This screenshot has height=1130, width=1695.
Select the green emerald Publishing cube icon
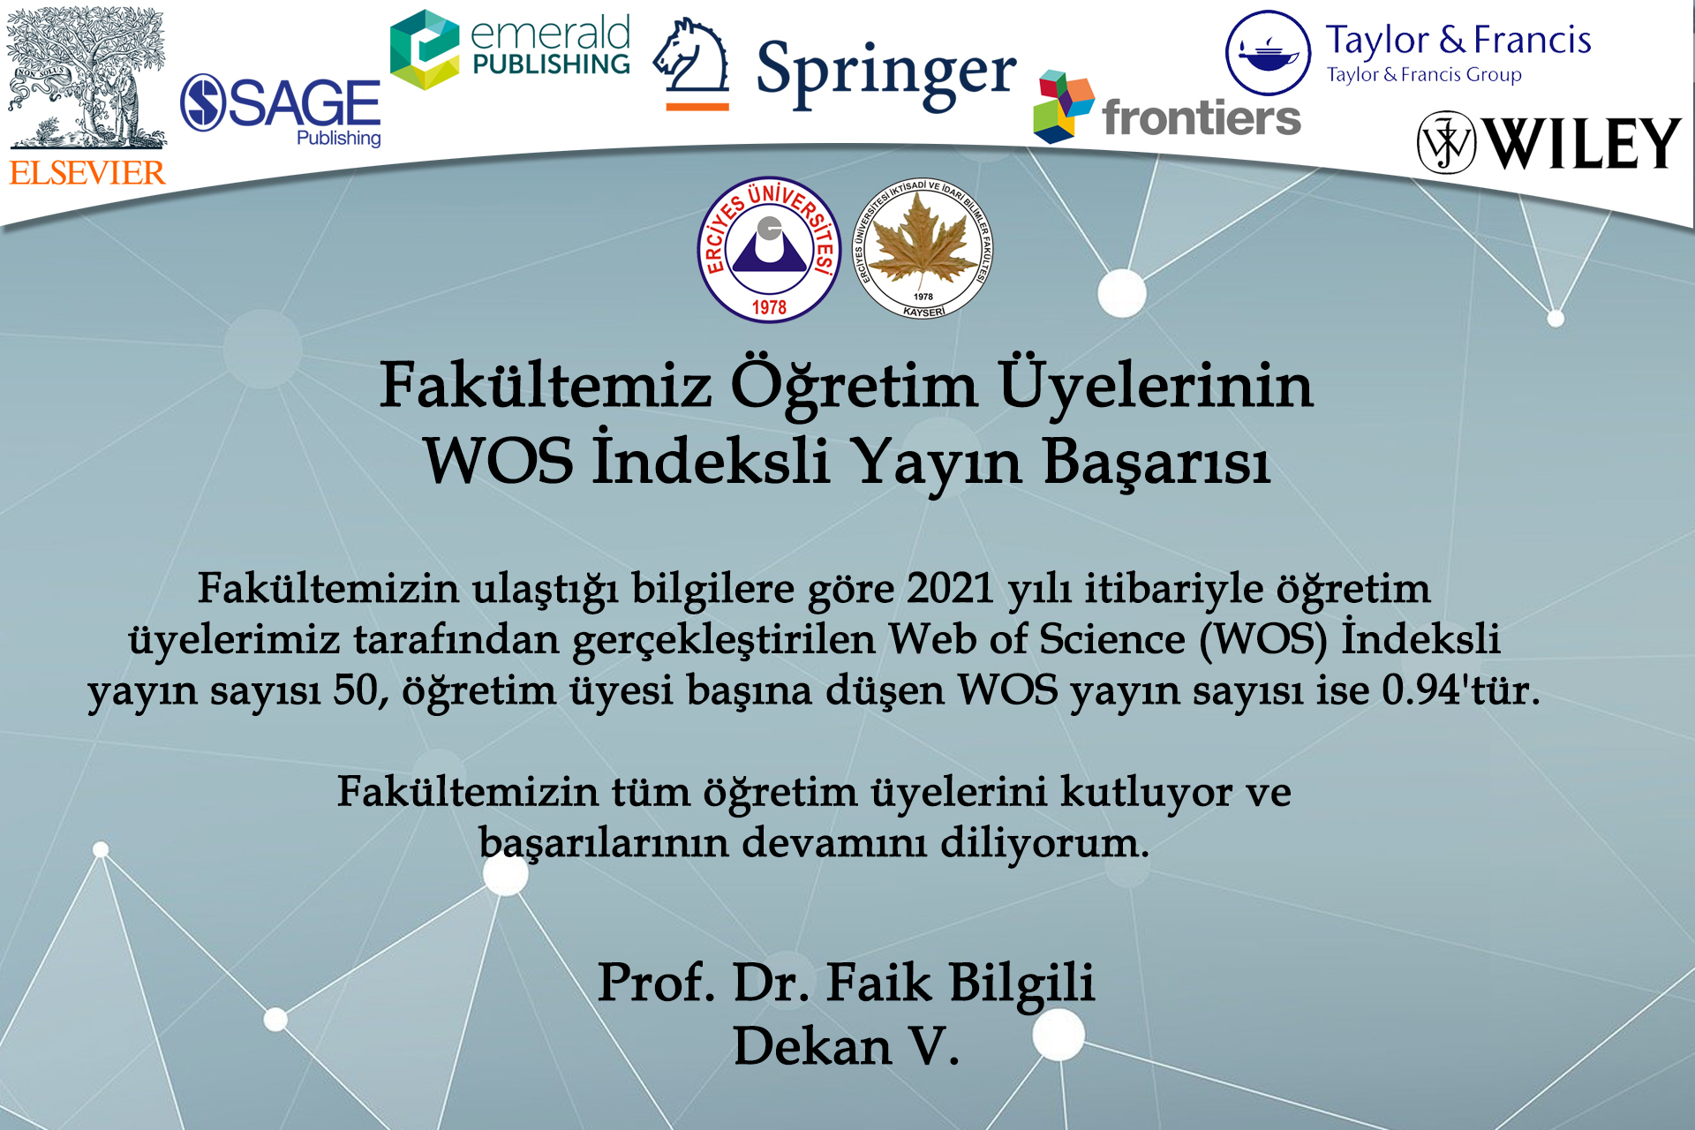point(424,49)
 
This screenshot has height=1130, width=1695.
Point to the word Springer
point(886,73)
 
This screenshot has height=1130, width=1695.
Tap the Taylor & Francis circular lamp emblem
point(1268,53)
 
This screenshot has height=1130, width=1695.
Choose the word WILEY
point(1583,143)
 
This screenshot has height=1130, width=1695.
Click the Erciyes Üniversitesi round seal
point(769,250)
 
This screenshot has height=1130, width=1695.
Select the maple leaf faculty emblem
point(923,250)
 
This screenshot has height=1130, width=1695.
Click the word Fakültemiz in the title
point(546,386)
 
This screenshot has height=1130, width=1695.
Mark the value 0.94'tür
point(1461,690)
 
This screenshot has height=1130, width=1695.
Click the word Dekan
point(812,1047)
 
